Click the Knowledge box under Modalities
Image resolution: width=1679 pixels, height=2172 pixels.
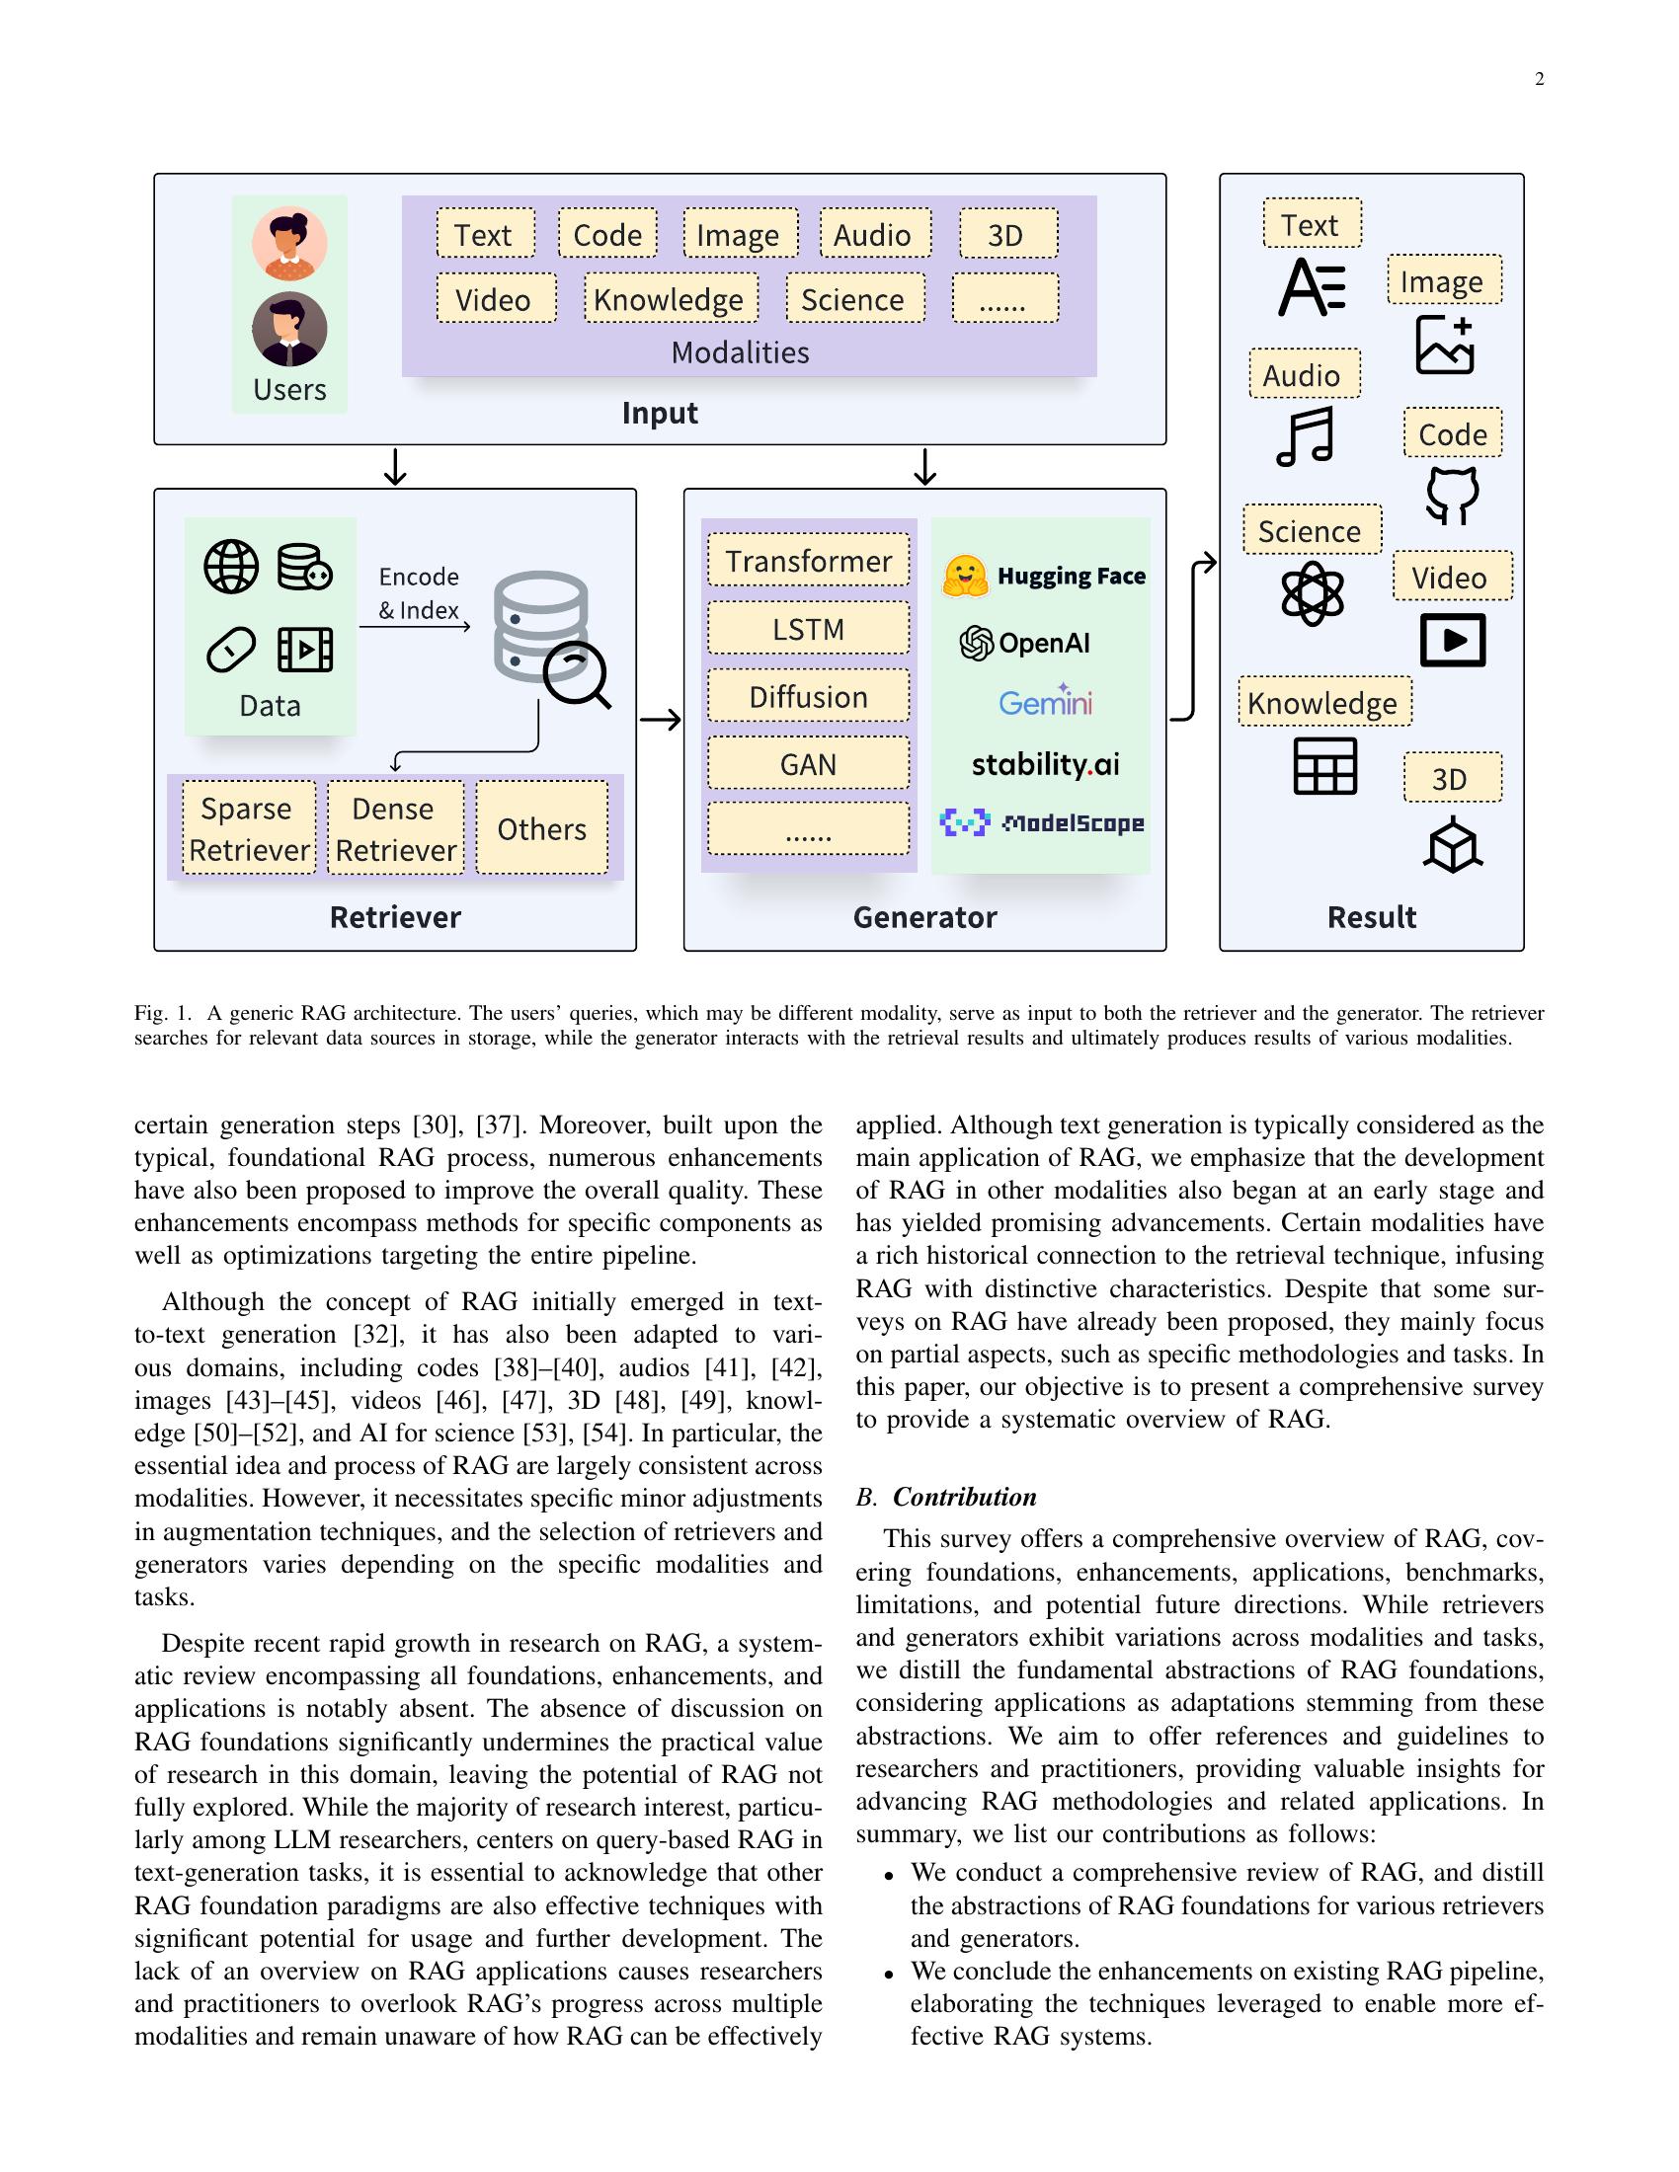coord(671,298)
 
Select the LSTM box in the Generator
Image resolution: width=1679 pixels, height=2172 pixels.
coord(808,629)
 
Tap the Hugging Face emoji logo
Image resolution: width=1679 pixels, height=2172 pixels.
coord(964,576)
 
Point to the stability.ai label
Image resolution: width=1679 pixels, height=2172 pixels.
coord(1044,764)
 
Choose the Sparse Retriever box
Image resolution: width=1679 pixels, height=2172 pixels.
coord(249,827)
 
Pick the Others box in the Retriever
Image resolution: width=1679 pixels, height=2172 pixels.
coord(542,827)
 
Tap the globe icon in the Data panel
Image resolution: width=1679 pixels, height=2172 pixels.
coord(231,567)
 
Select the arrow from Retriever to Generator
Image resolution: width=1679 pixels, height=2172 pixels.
coord(660,719)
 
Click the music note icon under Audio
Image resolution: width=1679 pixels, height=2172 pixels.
coord(1304,436)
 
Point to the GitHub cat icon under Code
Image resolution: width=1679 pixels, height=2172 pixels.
coord(1452,495)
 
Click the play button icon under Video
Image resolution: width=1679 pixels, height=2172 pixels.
coord(1452,640)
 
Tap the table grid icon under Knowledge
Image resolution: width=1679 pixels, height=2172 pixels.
coord(1323,766)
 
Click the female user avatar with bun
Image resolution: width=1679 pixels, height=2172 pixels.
coord(289,244)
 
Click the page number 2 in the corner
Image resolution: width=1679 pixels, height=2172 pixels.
coord(1539,80)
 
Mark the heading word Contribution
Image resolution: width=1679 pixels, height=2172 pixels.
coord(964,1497)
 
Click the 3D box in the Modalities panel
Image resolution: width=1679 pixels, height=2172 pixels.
coord(1007,235)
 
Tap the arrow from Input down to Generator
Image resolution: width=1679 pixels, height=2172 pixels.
coord(925,466)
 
